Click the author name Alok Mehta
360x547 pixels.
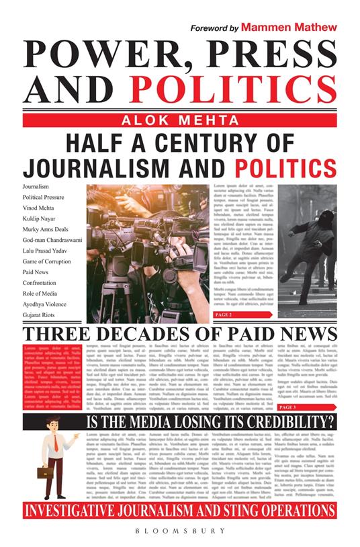click(x=179, y=120)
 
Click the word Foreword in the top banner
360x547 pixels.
click(x=209, y=29)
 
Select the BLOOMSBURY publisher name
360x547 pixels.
click(x=180, y=530)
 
